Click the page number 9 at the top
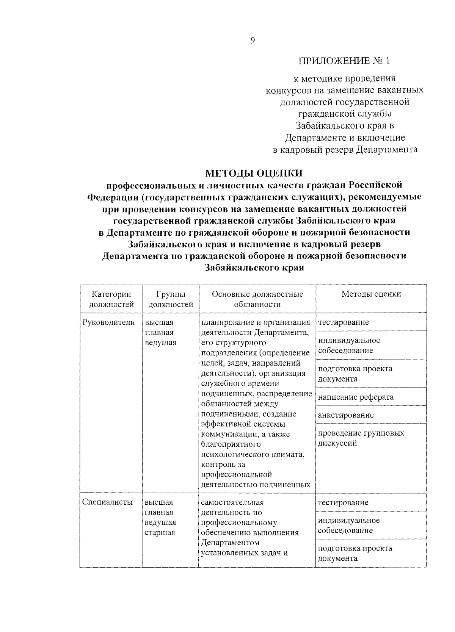click(x=253, y=41)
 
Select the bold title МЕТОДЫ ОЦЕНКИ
click(x=254, y=173)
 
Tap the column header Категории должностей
click(x=111, y=299)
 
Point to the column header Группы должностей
click(x=171, y=299)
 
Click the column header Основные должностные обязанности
click(x=257, y=299)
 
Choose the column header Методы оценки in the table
click(x=371, y=294)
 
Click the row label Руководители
click(x=108, y=322)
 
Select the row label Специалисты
click(x=108, y=502)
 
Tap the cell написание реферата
click(x=356, y=397)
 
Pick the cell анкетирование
click(x=345, y=415)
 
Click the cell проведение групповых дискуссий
click(x=361, y=438)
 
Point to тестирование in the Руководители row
click(x=344, y=322)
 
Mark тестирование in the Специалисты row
click(x=344, y=502)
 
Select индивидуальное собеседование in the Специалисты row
click(x=349, y=525)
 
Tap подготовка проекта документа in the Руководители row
click(x=355, y=374)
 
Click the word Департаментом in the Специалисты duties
click(x=230, y=543)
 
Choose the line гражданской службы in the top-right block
click(x=345, y=114)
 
